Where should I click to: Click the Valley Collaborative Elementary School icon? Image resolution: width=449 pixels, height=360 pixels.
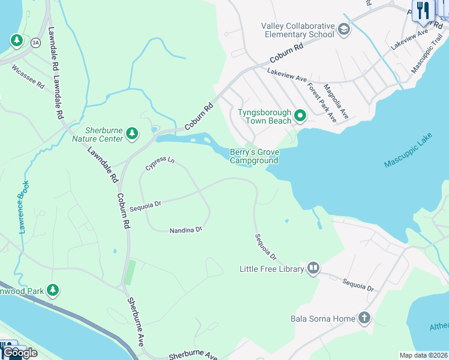click(x=344, y=30)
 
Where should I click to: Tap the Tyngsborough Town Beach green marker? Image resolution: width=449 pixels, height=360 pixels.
click(x=300, y=116)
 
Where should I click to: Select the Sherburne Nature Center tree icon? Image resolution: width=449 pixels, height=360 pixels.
click(x=132, y=134)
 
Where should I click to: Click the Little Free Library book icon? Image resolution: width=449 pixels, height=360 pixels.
click(x=313, y=269)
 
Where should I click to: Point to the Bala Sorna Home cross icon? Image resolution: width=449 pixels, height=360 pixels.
click(x=364, y=318)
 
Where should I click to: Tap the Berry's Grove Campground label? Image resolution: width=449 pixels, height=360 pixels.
click(x=254, y=157)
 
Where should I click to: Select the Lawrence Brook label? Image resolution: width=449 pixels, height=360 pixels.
click(x=23, y=209)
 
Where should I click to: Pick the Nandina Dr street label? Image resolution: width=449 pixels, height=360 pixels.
click(x=185, y=230)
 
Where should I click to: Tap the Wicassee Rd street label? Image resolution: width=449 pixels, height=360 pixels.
click(x=28, y=77)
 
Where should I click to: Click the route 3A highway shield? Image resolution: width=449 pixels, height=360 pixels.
click(x=35, y=42)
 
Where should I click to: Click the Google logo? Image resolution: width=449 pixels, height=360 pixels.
click(x=20, y=353)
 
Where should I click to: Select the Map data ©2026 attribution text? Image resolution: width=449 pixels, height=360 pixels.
click(x=423, y=355)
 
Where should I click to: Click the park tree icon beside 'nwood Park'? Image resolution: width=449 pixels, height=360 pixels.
click(x=53, y=290)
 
